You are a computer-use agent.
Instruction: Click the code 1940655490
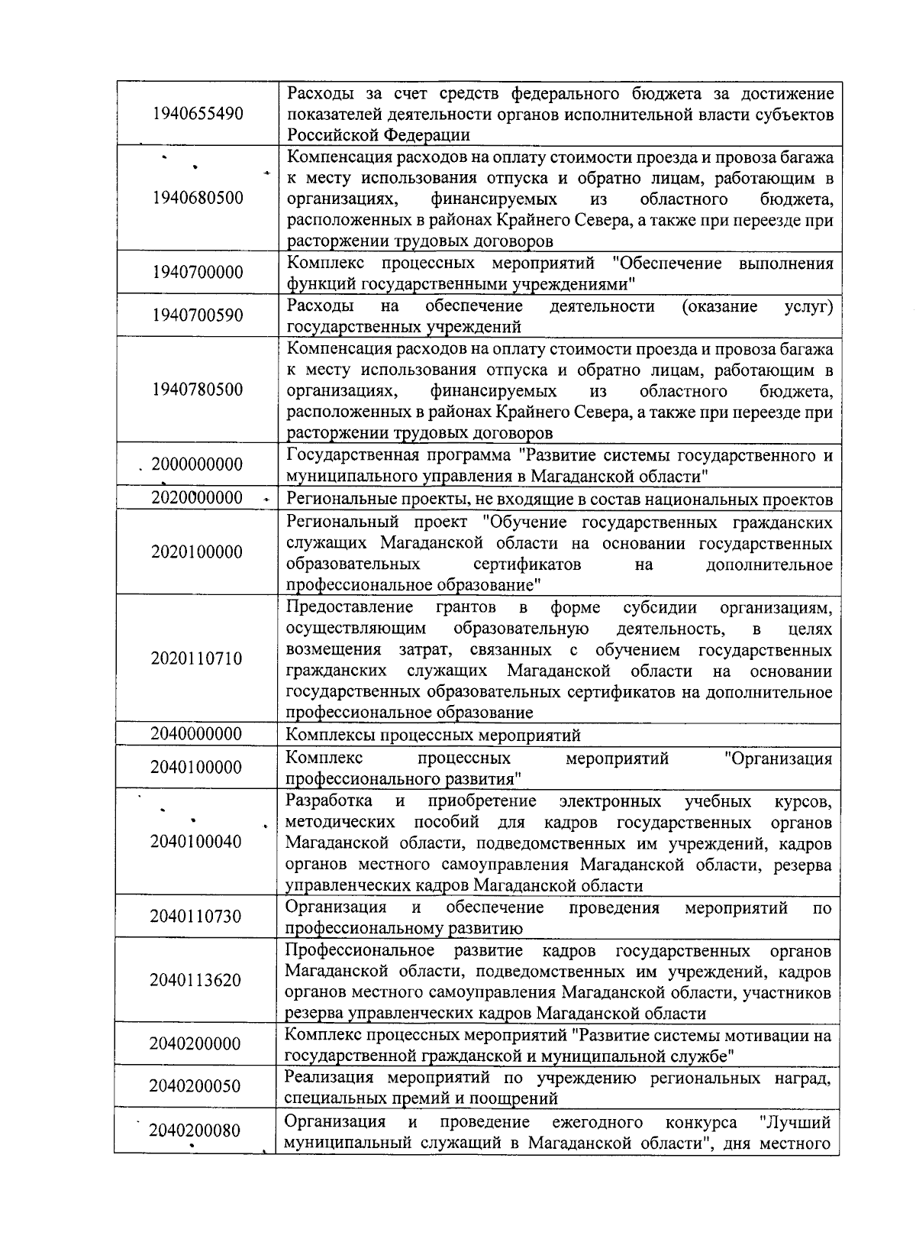click(198, 114)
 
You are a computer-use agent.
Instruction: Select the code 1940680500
click(198, 198)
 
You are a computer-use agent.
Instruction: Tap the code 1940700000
click(198, 272)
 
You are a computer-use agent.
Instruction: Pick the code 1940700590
click(198, 315)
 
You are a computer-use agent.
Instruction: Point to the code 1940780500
click(198, 390)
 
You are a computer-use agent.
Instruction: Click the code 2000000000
click(197, 464)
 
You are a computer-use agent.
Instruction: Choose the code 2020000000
click(197, 498)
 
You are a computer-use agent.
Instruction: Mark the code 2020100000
click(197, 551)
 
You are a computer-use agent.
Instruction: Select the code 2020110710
click(197, 658)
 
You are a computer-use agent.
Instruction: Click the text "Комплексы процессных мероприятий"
click(433, 735)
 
